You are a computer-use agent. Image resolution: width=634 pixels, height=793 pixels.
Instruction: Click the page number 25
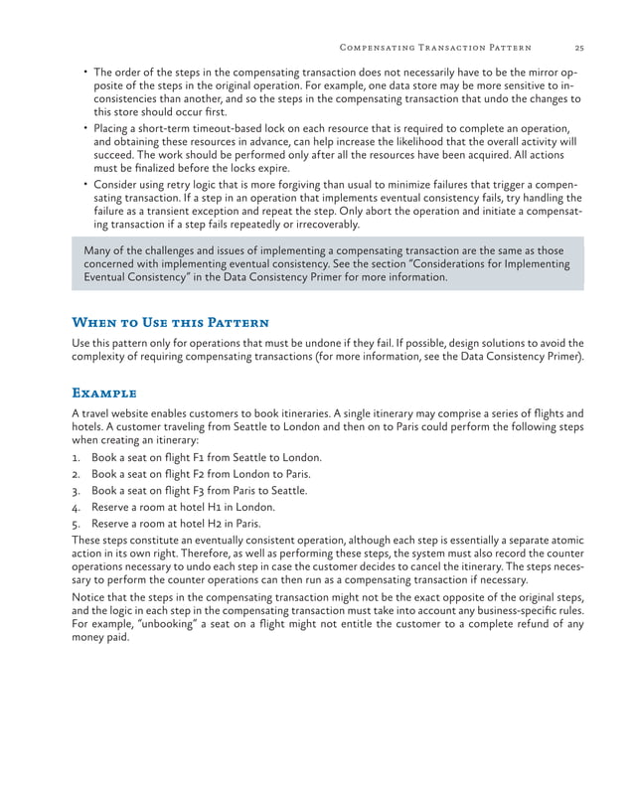[x=578, y=47]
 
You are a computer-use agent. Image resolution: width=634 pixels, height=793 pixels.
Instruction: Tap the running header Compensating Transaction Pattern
[x=435, y=47]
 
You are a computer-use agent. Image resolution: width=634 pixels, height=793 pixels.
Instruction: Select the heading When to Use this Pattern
[x=170, y=323]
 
